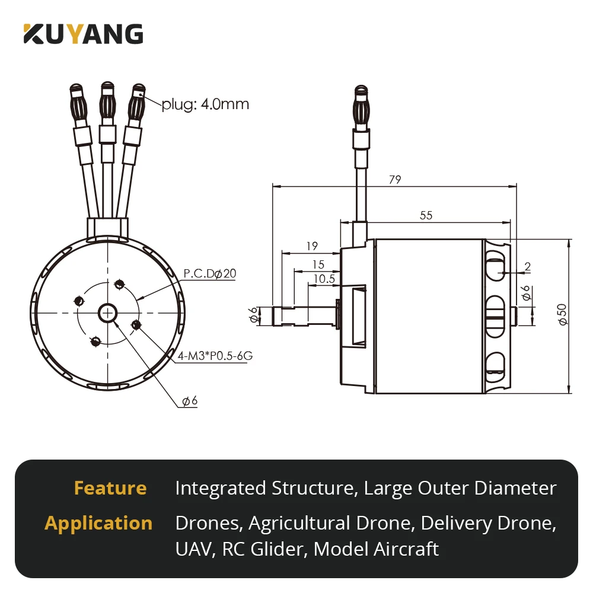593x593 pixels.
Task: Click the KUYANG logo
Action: [x=83, y=34]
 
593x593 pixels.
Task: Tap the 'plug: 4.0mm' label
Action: [x=205, y=104]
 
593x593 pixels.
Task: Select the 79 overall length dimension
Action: [x=394, y=180]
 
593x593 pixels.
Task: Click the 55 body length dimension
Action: [x=426, y=215]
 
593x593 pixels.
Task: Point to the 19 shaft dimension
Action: [x=313, y=246]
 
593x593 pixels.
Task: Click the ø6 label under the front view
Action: [x=190, y=401]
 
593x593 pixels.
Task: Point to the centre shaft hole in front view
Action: [x=108, y=311]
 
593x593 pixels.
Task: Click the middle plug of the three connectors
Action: [x=107, y=101]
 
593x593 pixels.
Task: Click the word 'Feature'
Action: [x=110, y=488]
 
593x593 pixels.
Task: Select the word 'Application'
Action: [x=98, y=523]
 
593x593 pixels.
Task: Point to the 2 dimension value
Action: [x=527, y=267]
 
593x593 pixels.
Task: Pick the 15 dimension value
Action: [x=318, y=263]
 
